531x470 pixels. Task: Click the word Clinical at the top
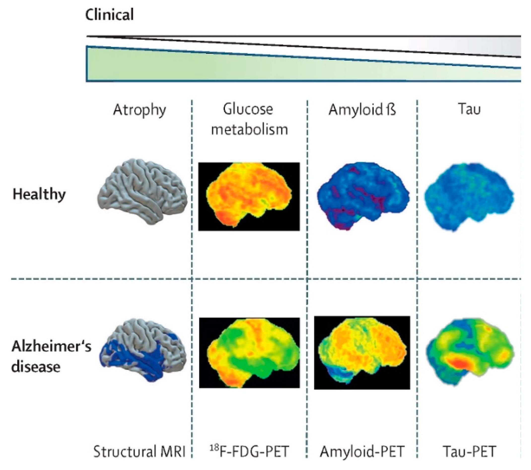[x=109, y=15]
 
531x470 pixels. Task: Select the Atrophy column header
[x=140, y=110]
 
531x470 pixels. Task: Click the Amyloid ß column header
[x=362, y=110]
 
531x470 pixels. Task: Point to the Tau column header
[x=469, y=109]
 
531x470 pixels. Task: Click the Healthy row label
[x=39, y=195]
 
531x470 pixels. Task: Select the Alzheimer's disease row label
[x=51, y=356]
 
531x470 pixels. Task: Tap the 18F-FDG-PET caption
[x=249, y=452]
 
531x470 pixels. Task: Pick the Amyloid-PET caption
[x=362, y=452]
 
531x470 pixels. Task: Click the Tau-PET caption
[x=469, y=452]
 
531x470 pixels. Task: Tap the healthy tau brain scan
[x=469, y=196]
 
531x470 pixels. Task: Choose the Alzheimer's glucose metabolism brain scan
[x=249, y=352]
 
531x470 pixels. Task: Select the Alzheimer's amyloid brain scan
[x=362, y=352]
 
